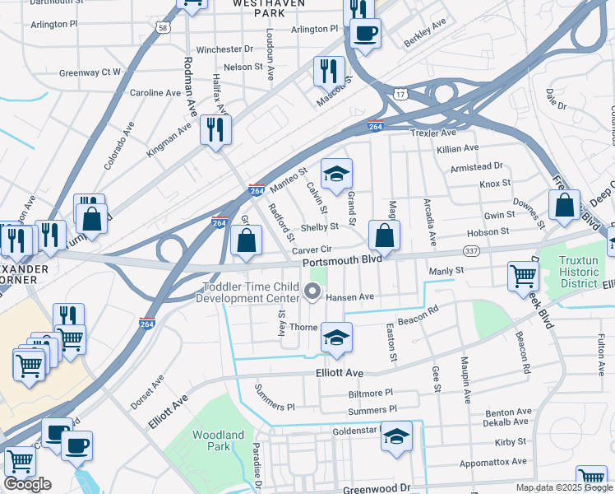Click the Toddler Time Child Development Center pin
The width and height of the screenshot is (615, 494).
[312, 291]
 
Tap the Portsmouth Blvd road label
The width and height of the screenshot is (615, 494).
[342, 260]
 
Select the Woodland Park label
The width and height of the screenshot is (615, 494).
[218, 440]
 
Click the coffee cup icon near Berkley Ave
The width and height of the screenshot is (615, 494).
[365, 35]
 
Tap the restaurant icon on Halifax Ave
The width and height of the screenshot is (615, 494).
[215, 129]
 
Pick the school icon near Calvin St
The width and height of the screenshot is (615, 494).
[335, 174]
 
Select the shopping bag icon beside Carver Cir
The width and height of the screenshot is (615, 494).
[247, 240]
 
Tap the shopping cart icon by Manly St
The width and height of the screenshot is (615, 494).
[523, 276]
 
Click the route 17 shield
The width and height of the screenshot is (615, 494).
[400, 96]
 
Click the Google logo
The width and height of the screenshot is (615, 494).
[27, 485]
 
